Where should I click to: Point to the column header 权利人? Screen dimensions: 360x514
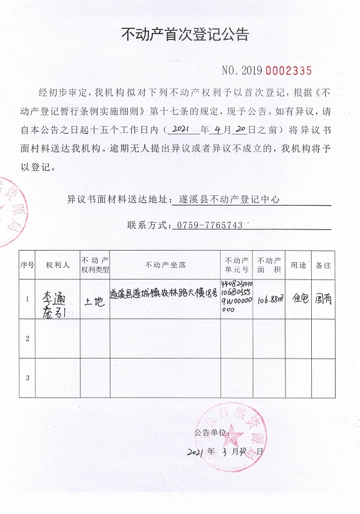pos(57,264)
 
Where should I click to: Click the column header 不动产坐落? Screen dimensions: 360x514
pos(166,264)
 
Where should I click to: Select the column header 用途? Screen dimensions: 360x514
pos(299,264)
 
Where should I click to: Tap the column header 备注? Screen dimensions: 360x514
pos(323,264)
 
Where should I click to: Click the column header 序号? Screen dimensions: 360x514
pos(27,264)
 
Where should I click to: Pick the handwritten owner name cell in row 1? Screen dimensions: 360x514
pos(57,299)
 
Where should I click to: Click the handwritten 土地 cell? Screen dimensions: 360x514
pos(94,299)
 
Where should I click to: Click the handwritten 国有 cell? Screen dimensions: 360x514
pos(323,298)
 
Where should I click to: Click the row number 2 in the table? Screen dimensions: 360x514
pos(27,337)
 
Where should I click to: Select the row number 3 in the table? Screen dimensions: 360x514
pos(27,377)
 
